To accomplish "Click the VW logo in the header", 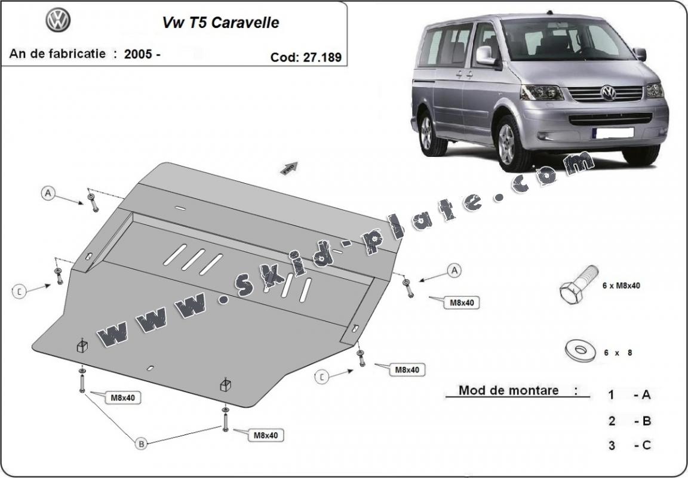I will coord(58,21).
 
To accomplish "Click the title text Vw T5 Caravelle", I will coord(220,23).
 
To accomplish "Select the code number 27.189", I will coord(323,57).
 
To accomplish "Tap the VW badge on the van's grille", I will coord(608,92).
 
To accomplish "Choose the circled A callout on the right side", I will coord(454,270).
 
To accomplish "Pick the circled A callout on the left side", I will coord(48,192).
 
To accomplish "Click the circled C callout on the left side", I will coord(20,291).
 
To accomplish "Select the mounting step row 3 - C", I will coord(629,445).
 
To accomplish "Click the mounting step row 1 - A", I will coord(629,394).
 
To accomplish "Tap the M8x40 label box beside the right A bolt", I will coord(462,303).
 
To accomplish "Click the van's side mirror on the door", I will coord(485,55).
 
